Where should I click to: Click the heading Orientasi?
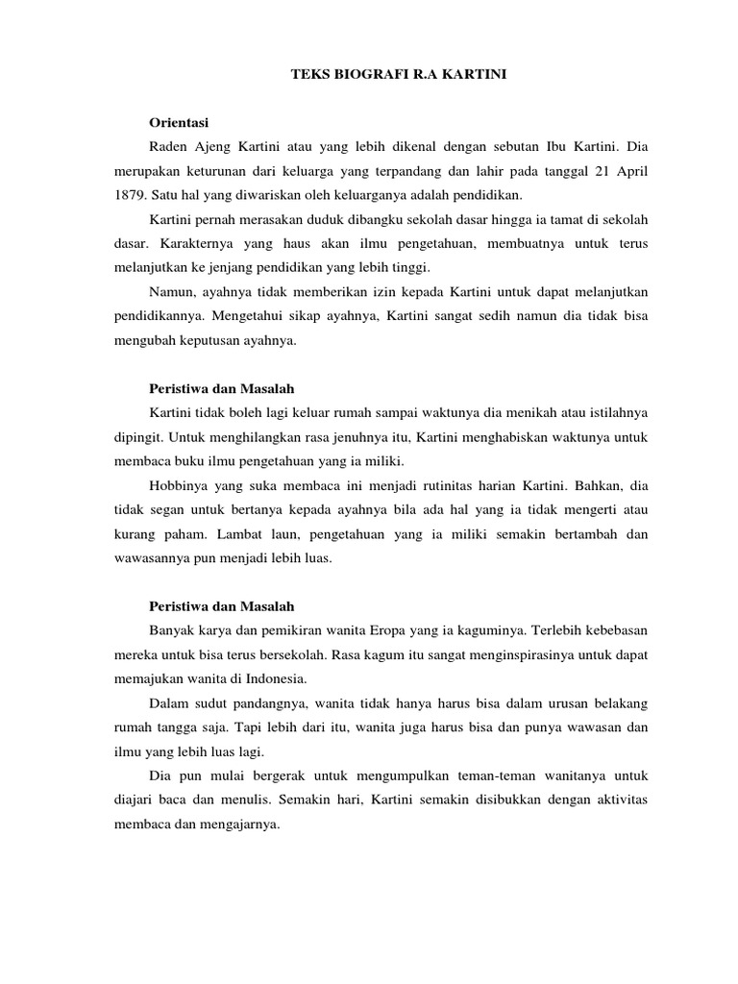click(180, 123)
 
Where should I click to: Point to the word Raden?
click(171, 147)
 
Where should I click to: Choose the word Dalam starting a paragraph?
click(170, 703)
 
